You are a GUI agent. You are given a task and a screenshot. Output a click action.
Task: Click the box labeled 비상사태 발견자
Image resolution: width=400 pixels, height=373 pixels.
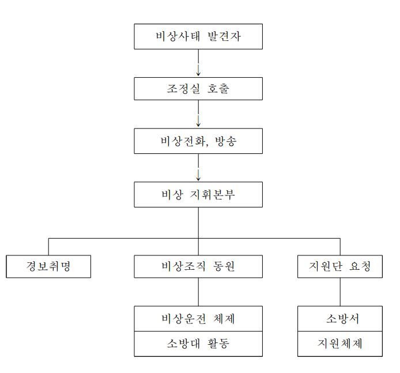click(x=198, y=36)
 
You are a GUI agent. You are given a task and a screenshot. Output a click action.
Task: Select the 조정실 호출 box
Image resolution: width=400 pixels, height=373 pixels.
click(x=198, y=89)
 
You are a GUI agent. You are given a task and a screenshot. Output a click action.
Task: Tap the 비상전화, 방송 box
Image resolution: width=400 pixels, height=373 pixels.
click(x=198, y=141)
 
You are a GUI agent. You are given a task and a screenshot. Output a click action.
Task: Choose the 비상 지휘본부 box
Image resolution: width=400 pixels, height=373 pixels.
click(x=198, y=195)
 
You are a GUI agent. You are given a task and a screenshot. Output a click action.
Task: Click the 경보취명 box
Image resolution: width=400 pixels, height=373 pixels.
click(x=48, y=266)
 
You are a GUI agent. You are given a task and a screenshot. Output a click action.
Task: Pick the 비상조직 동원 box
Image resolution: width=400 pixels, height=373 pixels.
click(x=198, y=266)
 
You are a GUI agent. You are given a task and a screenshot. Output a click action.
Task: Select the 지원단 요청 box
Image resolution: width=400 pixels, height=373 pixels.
click(x=340, y=266)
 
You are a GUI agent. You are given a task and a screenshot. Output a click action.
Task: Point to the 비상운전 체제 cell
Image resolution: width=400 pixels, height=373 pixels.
click(x=198, y=319)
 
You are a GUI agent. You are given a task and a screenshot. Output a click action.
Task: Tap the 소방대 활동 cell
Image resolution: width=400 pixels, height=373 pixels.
click(x=198, y=344)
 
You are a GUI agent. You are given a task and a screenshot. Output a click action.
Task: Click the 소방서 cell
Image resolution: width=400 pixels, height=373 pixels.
click(x=340, y=319)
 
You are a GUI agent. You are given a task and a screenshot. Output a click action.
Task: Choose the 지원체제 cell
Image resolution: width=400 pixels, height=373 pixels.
click(x=340, y=344)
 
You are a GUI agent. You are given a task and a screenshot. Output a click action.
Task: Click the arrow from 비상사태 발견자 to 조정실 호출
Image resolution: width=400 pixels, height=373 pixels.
click(x=198, y=63)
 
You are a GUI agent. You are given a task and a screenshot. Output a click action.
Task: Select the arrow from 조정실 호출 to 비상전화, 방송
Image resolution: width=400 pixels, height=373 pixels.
click(x=198, y=114)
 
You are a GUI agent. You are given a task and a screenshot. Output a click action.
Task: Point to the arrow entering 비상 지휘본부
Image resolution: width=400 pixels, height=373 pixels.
click(x=198, y=167)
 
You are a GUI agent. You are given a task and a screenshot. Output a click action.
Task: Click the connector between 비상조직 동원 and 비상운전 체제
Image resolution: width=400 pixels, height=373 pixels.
click(x=198, y=292)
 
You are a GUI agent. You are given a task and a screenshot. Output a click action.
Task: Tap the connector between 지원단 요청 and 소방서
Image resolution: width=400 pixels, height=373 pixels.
click(x=340, y=292)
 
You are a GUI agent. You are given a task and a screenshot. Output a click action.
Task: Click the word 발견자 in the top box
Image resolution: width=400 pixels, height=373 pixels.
click(x=224, y=36)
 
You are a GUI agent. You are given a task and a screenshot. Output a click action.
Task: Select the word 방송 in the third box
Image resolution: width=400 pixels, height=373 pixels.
click(x=226, y=141)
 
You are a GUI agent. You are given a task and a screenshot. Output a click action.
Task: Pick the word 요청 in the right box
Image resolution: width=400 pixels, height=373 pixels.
click(x=360, y=266)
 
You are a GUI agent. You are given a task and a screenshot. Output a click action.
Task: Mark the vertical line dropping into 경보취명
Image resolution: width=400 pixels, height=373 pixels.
click(x=48, y=247)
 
